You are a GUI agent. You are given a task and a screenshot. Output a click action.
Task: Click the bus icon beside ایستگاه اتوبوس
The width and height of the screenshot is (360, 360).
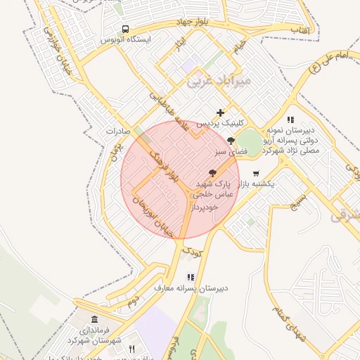click(125, 30)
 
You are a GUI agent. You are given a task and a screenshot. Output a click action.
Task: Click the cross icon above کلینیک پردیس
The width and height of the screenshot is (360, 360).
click(221, 112)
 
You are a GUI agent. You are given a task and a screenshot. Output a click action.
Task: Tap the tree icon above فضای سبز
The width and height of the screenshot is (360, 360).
click(231, 141)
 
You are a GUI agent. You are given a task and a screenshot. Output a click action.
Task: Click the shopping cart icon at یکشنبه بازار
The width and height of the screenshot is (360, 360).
click(256, 173)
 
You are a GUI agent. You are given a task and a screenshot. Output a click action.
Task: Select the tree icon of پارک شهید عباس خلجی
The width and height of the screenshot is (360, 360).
click(212, 172)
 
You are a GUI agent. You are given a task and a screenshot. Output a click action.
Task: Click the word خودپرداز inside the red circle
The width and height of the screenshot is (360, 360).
click(205, 207)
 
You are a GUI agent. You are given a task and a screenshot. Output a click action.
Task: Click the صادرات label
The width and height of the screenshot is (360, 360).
click(119, 131)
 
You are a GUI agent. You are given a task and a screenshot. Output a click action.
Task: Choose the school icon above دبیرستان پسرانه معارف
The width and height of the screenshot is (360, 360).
click(190, 277)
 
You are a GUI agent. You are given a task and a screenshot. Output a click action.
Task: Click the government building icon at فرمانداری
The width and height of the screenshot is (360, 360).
click(95, 320)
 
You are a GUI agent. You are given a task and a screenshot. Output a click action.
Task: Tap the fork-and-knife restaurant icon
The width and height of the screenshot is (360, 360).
click(131, 349)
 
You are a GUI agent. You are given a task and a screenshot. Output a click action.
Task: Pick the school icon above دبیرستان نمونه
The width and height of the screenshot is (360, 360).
click(291, 120)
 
